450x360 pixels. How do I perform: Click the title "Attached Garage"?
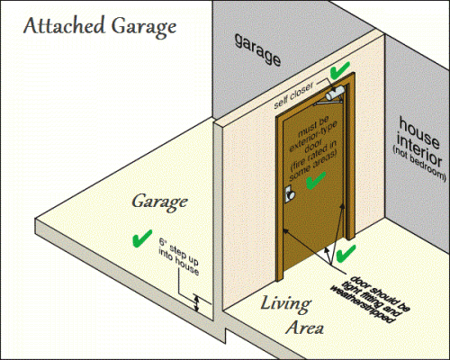click(100, 27)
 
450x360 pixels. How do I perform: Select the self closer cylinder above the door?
click(335, 94)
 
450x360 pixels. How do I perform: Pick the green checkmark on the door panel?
click(316, 180)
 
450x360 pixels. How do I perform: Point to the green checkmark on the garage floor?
click(142, 238)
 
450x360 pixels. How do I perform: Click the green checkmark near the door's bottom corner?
click(346, 254)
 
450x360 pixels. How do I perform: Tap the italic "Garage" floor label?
click(159, 202)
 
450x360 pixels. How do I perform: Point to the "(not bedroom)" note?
click(419, 164)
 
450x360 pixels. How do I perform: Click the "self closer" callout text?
click(293, 95)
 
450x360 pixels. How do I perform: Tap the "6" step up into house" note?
click(179, 256)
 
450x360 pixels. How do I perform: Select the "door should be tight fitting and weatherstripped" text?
click(370, 300)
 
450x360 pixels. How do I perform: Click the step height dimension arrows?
click(196, 303)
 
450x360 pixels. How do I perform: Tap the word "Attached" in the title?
click(64, 25)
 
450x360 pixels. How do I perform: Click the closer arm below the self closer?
click(328, 103)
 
